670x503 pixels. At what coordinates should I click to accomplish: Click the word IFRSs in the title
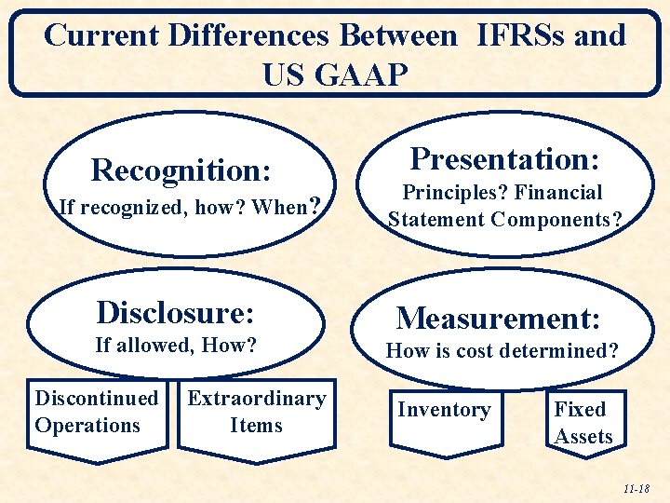point(522,36)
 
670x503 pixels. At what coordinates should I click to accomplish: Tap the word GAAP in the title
point(363,74)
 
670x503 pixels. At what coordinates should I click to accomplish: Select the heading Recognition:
point(181,170)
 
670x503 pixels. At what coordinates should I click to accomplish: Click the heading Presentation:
point(504,158)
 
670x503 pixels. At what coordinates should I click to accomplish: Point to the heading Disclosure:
point(176,311)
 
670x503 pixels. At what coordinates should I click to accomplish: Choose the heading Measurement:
point(498,319)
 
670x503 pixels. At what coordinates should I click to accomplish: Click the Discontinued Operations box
point(97,412)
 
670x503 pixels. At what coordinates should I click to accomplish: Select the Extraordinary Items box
point(256,412)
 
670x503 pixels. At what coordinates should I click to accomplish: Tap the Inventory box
point(444,410)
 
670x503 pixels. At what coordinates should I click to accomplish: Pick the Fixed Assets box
point(583,422)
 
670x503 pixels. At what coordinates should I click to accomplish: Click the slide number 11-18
point(637,488)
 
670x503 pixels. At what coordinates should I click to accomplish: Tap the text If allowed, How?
point(176,345)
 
